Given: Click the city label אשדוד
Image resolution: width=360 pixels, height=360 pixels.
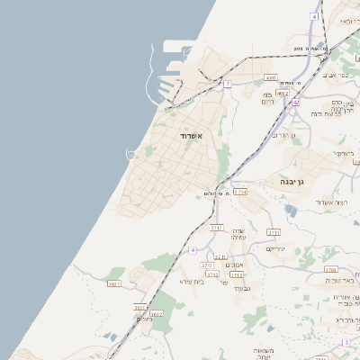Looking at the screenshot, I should [190, 136].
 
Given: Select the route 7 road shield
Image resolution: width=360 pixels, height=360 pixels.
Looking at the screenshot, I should [228, 84].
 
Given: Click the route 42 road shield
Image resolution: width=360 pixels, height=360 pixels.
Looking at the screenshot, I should [296, 102].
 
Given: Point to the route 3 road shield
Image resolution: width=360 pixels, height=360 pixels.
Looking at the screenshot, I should [346, 343].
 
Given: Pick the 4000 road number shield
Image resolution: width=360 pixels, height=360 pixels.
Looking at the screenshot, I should [270, 78].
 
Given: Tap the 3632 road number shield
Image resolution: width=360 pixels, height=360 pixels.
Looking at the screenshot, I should [156, 314].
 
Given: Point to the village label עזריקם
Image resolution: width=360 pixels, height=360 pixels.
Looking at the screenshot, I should [275, 248].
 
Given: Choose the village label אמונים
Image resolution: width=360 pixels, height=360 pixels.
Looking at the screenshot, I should [234, 265].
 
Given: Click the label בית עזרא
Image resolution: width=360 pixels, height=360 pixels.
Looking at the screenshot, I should [193, 282].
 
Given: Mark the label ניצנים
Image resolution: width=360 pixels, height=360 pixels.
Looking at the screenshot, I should [144, 319].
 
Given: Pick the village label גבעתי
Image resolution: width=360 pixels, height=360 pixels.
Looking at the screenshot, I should [241, 288].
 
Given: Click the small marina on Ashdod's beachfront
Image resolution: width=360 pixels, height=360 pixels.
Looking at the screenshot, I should [133, 155].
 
